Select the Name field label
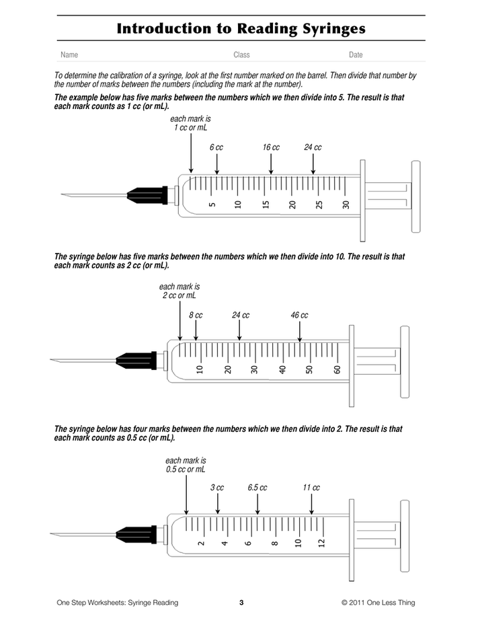(x=69, y=55)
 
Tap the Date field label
(x=356, y=55)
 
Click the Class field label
(x=241, y=55)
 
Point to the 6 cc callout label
(x=216, y=147)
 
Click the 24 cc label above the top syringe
(x=313, y=147)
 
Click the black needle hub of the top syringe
(x=147, y=196)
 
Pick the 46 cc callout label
(x=299, y=315)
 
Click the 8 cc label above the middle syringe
(x=196, y=315)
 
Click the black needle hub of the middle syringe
(x=136, y=361)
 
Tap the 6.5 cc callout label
(x=257, y=488)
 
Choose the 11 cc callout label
(x=311, y=488)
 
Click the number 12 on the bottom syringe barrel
(x=321, y=542)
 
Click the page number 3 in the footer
(x=241, y=603)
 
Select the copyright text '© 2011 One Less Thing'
(x=378, y=603)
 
